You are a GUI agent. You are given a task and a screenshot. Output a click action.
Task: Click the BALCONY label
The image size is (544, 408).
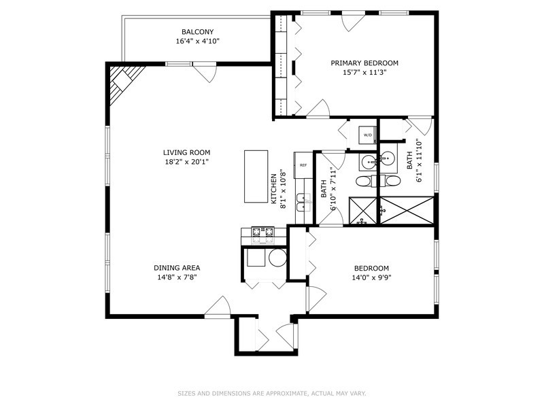197,31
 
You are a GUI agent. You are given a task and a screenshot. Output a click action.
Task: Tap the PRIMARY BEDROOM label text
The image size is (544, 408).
364,63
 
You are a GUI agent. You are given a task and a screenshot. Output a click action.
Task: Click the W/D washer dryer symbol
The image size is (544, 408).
368,135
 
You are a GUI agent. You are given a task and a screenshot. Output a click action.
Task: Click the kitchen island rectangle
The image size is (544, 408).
257,176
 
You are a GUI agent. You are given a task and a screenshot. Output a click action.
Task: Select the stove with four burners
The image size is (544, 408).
262,234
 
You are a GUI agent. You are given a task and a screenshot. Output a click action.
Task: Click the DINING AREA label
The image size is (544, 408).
177,267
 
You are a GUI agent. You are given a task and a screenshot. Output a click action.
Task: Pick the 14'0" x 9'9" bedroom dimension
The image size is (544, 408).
371,277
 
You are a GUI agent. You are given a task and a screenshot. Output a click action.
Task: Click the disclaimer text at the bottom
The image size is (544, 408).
272,393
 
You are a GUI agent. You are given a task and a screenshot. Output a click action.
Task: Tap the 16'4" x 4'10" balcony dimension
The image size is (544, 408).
197,41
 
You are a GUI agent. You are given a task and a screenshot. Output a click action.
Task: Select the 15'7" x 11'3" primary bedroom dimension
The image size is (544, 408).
364,73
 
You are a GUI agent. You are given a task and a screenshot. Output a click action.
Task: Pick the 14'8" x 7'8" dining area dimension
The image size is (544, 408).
177,277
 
